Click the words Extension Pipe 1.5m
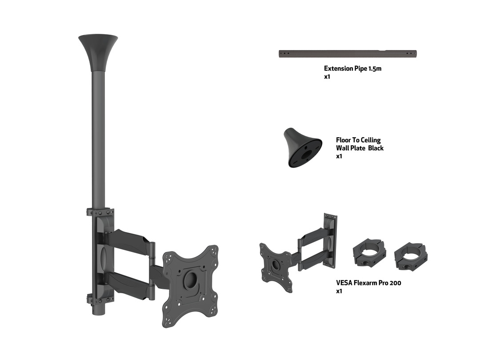tap(352, 68)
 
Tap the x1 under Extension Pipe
tap(327, 76)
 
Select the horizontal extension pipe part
tap(348, 54)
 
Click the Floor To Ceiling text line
tap(358, 140)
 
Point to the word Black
tap(376, 148)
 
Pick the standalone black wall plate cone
tap(303, 148)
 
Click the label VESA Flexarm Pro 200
tap(368, 283)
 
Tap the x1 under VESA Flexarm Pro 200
tap(339, 291)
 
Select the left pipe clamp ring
tap(369, 253)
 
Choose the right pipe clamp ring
tap(411, 256)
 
